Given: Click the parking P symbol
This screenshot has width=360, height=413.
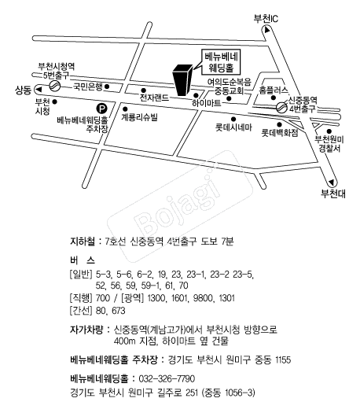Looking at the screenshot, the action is pos(101,109).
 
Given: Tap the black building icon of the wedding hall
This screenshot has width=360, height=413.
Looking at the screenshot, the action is pos(182,79).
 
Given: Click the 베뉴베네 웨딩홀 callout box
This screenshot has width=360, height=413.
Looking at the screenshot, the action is pos(222,62).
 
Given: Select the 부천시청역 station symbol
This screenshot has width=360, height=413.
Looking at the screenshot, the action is pos(55,86).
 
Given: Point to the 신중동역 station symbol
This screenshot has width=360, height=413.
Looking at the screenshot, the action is pos(281,107).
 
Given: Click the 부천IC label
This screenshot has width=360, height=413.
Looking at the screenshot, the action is pos(266,19).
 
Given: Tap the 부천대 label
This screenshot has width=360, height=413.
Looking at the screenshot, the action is pos(333,194).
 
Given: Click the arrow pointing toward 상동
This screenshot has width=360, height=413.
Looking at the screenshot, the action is pos(39,90).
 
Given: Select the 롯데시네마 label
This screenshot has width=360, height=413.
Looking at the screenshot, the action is pos(233,127).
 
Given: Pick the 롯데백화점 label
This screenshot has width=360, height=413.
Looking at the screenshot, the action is pos(280,132).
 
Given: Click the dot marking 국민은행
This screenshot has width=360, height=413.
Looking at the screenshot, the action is pos(107,87).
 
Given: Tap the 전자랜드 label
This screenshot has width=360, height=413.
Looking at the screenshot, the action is pos(154,98).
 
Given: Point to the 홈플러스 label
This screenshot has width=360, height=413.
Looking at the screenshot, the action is pos(274,90).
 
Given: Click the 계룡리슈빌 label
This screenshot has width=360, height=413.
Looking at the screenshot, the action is pos(139,117).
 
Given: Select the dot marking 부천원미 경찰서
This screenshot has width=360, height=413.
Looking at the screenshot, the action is pos(329,131).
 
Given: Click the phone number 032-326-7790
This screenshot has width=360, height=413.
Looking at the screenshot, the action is pos(167,378).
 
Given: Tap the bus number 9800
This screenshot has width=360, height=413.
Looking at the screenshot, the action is pos(203,298).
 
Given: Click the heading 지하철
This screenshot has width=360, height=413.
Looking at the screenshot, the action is pos(82,242).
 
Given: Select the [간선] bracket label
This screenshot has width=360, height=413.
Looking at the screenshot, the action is pos(81,311).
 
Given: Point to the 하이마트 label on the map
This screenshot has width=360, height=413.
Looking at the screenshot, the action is pos(206,103).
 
